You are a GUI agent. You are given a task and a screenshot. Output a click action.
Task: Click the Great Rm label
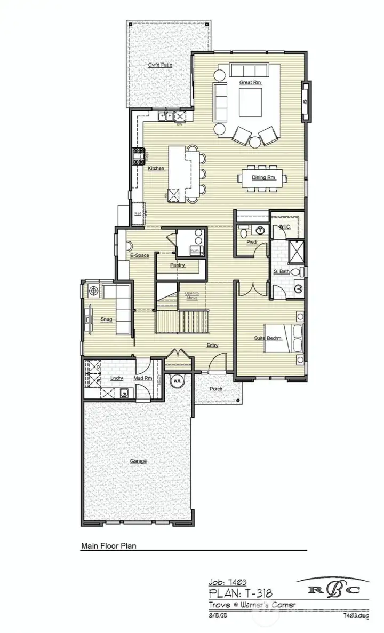click(250, 82)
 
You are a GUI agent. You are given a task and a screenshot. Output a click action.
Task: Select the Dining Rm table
click(263, 177)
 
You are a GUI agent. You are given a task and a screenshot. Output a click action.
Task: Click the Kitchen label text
click(156, 168)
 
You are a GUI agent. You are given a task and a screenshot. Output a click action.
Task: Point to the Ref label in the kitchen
click(137, 213)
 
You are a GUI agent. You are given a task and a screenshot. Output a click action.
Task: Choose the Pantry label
click(178, 265)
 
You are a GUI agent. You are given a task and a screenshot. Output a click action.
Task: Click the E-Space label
click(140, 255)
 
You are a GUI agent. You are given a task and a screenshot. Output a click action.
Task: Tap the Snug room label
click(106, 319)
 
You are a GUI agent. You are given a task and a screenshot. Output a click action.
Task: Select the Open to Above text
click(191, 295)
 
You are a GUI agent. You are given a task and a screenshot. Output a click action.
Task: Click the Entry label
click(212, 345)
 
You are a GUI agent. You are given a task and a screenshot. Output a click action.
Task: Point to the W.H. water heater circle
click(177, 381)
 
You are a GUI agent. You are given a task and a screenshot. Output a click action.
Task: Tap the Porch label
click(215, 389)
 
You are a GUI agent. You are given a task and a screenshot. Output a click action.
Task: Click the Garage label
click(138, 461)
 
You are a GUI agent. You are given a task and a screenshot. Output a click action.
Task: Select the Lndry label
click(116, 378)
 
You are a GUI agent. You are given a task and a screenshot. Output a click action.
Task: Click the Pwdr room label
click(252, 242)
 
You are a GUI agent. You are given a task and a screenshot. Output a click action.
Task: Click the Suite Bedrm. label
click(268, 338)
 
